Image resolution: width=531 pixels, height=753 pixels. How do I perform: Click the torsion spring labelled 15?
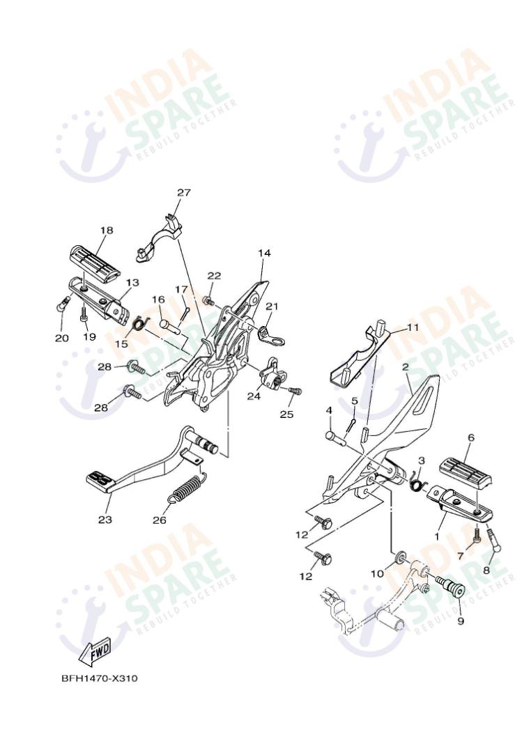pos(138,324)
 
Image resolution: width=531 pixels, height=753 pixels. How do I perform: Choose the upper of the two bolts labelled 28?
pos(136,368)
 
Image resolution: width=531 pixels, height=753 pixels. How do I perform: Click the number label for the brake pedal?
pos(105,519)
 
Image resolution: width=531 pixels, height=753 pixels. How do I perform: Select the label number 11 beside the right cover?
pos(413,327)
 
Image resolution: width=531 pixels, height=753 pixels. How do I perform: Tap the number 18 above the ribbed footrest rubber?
pos(107,230)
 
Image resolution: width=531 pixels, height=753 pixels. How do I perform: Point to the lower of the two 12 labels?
pos(306,576)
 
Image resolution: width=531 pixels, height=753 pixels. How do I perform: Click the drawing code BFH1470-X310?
pos(100,678)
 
